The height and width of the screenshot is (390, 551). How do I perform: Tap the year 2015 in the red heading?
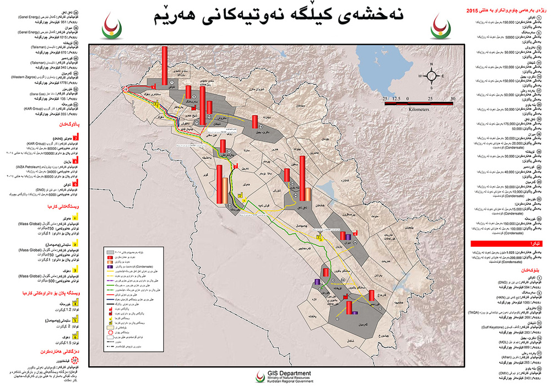click(473, 11)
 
